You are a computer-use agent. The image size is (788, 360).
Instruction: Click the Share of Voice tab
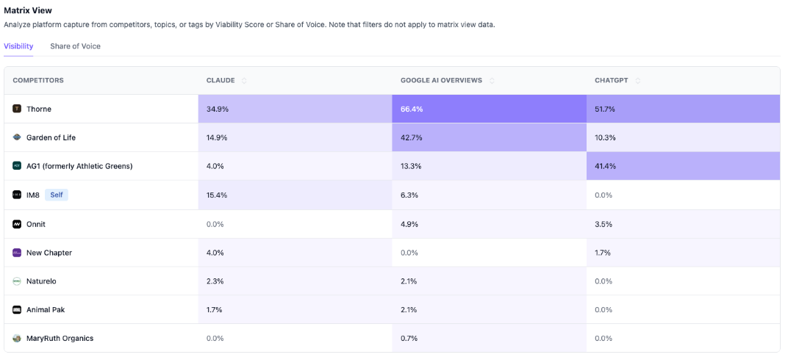(75, 46)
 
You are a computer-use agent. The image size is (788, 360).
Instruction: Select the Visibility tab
(18, 46)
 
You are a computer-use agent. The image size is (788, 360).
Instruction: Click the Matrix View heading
(28, 10)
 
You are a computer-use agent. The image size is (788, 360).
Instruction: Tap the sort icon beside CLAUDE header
(244, 81)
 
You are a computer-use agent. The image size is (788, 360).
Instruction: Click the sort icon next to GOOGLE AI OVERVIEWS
(492, 81)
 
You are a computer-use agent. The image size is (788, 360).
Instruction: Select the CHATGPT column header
(612, 80)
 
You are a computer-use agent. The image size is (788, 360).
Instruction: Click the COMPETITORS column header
(38, 80)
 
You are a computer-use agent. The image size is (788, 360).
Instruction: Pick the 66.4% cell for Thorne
(412, 109)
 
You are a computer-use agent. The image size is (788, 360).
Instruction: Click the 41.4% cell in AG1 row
(606, 166)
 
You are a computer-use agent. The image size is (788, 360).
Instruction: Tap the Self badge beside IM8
(57, 195)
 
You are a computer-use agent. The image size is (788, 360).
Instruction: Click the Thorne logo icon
(17, 109)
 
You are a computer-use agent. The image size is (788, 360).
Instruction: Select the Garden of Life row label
(51, 137)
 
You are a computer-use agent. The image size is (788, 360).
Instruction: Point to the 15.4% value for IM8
(218, 195)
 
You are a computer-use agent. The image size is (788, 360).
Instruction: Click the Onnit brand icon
(17, 224)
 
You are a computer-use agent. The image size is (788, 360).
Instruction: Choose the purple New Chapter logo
(17, 253)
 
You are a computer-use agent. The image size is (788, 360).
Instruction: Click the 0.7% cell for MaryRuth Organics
(409, 338)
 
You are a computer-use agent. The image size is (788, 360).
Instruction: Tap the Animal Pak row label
(46, 309)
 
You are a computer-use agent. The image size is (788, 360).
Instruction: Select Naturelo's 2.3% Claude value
(215, 281)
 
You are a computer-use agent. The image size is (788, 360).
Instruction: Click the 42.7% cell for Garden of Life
(412, 137)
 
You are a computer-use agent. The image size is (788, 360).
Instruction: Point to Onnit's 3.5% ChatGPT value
(603, 224)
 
